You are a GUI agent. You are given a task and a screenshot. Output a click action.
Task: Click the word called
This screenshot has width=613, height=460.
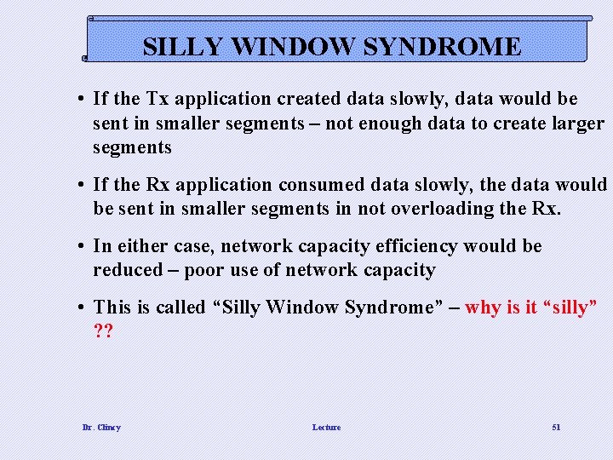tap(179, 308)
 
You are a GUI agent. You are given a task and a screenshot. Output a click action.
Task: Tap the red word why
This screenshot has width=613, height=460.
tap(483, 308)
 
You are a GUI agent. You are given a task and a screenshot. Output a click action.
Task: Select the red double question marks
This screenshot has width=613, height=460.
tap(103, 331)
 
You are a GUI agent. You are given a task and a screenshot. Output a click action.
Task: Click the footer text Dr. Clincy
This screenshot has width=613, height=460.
tap(101, 427)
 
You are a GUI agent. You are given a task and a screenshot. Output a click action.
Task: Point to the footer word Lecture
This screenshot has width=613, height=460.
tap(326, 427)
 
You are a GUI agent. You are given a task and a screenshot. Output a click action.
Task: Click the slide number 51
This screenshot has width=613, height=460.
tap(556, 427)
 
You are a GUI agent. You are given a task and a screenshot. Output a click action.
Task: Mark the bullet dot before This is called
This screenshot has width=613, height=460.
tap(77, 308)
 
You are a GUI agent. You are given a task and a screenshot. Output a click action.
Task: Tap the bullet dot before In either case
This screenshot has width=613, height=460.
tap(77, 246)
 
